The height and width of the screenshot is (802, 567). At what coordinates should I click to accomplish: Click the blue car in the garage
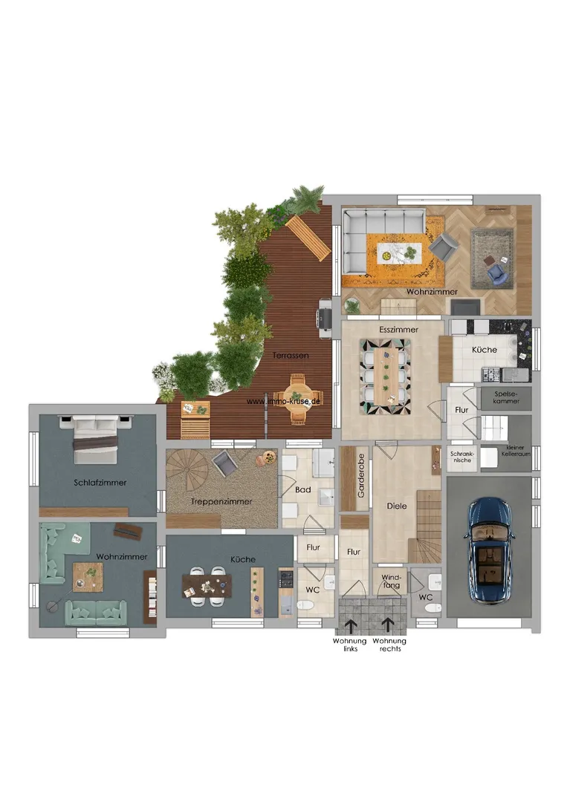[x=489, y=551]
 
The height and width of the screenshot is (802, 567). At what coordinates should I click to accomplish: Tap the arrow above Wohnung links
[x=351, y=627]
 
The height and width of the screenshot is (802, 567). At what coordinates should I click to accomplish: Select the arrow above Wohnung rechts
[x=387, y=627]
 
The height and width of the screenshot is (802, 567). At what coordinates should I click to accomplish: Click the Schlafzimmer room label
[x=100, y=483]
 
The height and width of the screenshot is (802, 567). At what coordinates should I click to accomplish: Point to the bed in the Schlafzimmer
[x=96, y=440]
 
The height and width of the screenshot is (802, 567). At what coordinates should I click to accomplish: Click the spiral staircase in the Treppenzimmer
[x=187, y=471]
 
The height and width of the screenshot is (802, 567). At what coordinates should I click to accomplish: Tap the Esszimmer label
[x=398, y=330]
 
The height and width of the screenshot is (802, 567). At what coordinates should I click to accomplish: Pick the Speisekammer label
[x=506, y=397]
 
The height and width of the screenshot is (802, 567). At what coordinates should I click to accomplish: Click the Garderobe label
[x=361, y=476]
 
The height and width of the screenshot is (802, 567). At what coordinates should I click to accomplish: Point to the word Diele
[x=397, y=506]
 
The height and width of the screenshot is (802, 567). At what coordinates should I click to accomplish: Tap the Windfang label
[x=392, y=581]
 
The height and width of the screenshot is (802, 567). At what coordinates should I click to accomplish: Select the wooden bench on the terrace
[x=308, y=238]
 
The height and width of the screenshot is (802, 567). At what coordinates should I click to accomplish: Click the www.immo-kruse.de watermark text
[x=284, y=402]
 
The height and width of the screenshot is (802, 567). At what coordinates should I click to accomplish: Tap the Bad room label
[x=303, y=489]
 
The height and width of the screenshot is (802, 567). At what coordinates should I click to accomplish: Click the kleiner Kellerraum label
[x=515, y=451]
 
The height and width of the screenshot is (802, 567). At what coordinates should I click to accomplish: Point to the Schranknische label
[x=462, y=457]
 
